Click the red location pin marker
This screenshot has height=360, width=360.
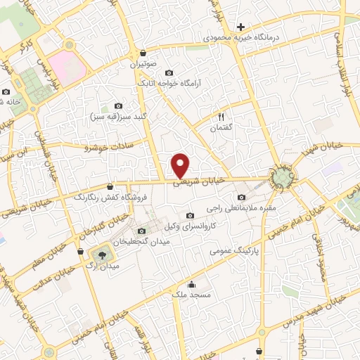[181, 166]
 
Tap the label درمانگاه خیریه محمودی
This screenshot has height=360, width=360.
[241, 36]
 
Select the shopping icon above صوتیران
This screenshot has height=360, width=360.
[143, 53]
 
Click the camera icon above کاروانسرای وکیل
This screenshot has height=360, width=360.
[189, 215]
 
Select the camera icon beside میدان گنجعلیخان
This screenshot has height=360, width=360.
[143, 231]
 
